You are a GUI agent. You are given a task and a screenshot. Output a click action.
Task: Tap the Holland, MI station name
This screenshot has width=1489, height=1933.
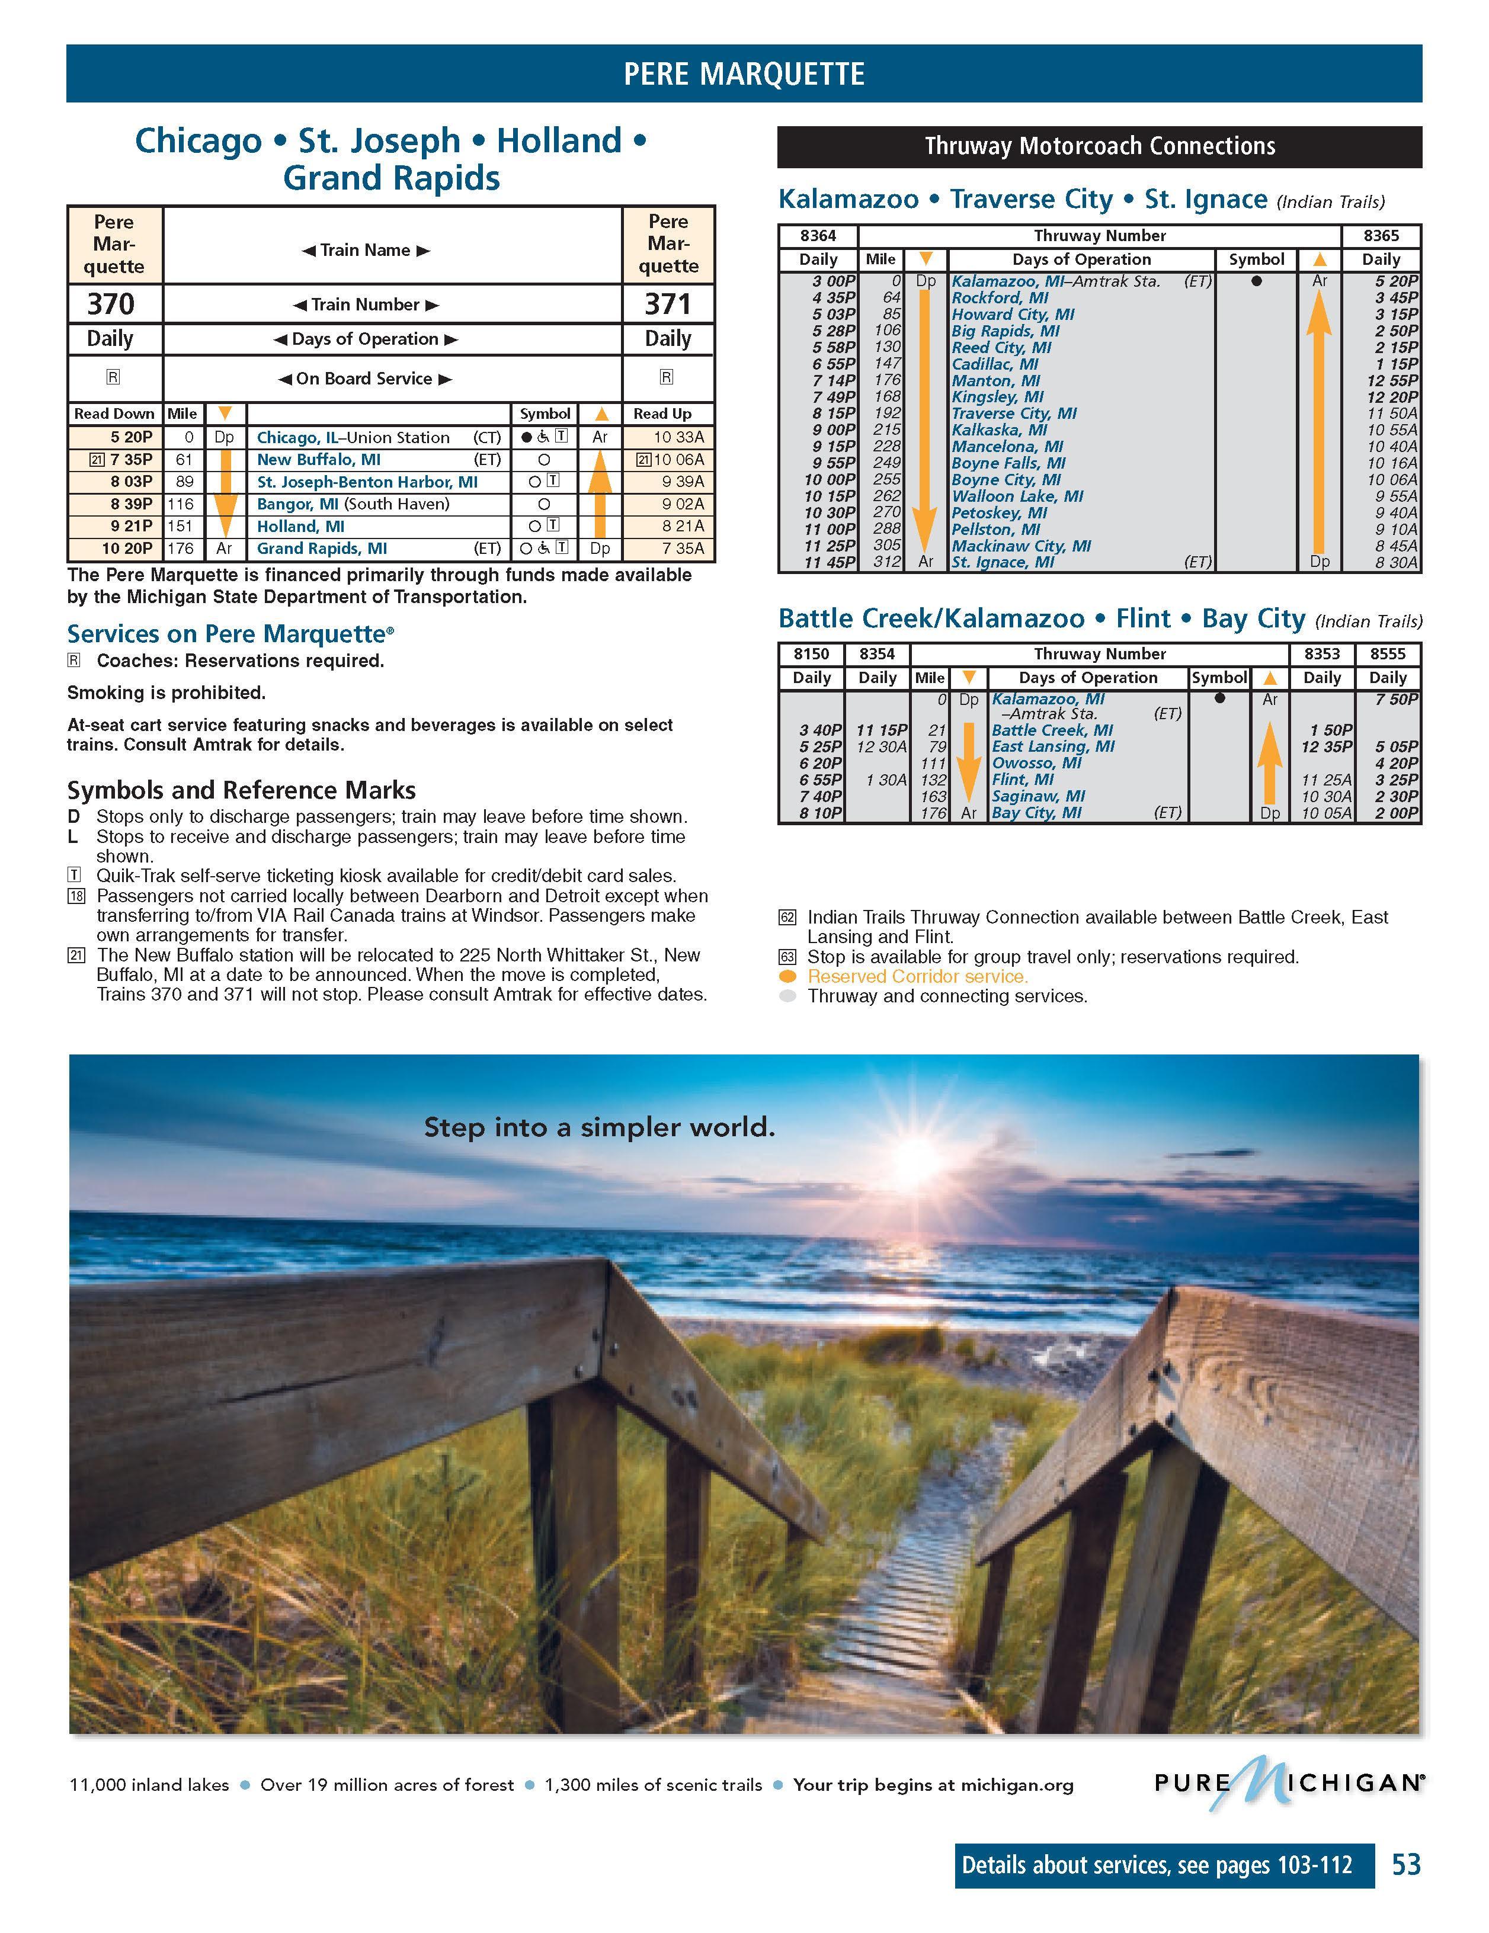tap(300, 527)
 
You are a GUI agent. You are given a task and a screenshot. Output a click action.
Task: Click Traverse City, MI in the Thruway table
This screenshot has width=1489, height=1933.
tap(1014, 413)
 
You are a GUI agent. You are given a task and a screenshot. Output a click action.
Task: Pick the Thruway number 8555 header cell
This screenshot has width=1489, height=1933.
tap(1387, 654)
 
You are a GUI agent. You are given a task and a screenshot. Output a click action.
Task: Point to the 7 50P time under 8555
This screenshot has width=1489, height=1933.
tap(1397, 699)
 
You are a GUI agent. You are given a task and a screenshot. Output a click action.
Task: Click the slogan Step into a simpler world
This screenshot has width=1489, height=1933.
tap(599, 1127)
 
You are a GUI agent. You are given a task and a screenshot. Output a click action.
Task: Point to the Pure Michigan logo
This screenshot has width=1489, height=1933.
tap(1288, 1782)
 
